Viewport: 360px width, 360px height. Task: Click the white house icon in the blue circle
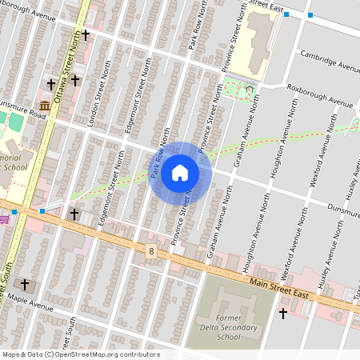[x=180, y=173]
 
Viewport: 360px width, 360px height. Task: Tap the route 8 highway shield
[x=150, y=251]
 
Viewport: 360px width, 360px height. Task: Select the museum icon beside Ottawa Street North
[x=44, y=106]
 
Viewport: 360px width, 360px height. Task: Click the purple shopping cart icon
[x=3, y=218]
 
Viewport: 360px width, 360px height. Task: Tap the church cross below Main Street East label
[x=282, y=313]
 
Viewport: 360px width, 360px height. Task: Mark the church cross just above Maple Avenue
[x=25, y=284]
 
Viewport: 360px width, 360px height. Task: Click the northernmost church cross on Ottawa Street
[x=85, y=35]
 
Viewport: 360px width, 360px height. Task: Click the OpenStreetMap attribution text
[x=81, y=354]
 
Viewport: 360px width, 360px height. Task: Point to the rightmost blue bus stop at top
[x=310, y=15]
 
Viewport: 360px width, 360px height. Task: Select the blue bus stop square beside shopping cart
[x=14, y=212]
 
